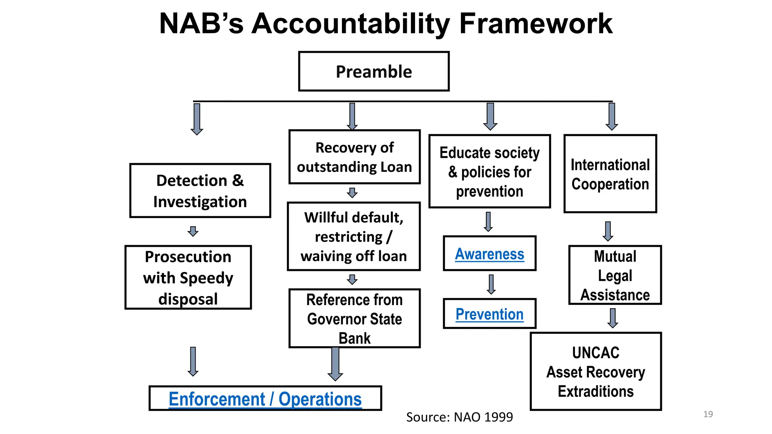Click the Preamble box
click(374, 72)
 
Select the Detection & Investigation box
click(200, 191)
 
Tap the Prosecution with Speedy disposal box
click(188, 278)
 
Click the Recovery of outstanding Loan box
click(354, 157)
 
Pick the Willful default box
click(354, 237)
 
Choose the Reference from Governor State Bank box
click(354, 318)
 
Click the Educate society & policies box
click(489, 171)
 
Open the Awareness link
click(489, 254)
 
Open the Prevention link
click(489, 314)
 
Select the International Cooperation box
click(610, 174)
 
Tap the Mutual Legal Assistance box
click(615, 275)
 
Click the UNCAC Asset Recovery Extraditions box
click(596, 372)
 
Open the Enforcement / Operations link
click(265, 399)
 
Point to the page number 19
click(708, 414)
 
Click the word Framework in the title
click(536, 24)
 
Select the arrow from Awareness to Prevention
click(491, 284)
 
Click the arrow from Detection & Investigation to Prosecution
click(193, 231)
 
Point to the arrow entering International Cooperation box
click(611, 117)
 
